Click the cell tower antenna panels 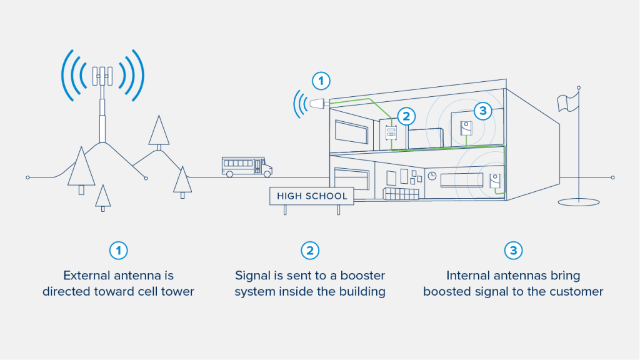pos(102,75)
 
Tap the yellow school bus pos(246,166)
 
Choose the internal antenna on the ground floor pos(495,181)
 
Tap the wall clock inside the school pos(432,177)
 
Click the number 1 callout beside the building pos(321,81)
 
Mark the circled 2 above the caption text pos(310,251)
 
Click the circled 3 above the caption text pos(513,251)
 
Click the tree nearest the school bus pos(182,181)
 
